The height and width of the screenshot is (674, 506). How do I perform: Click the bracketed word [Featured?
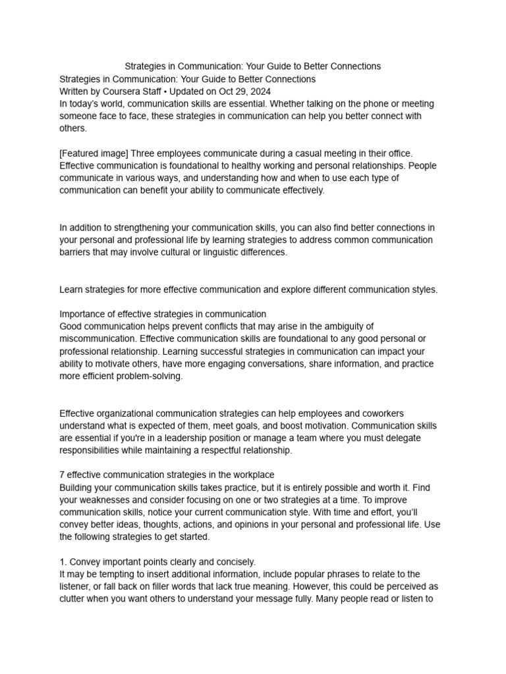(x=80, y=153)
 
